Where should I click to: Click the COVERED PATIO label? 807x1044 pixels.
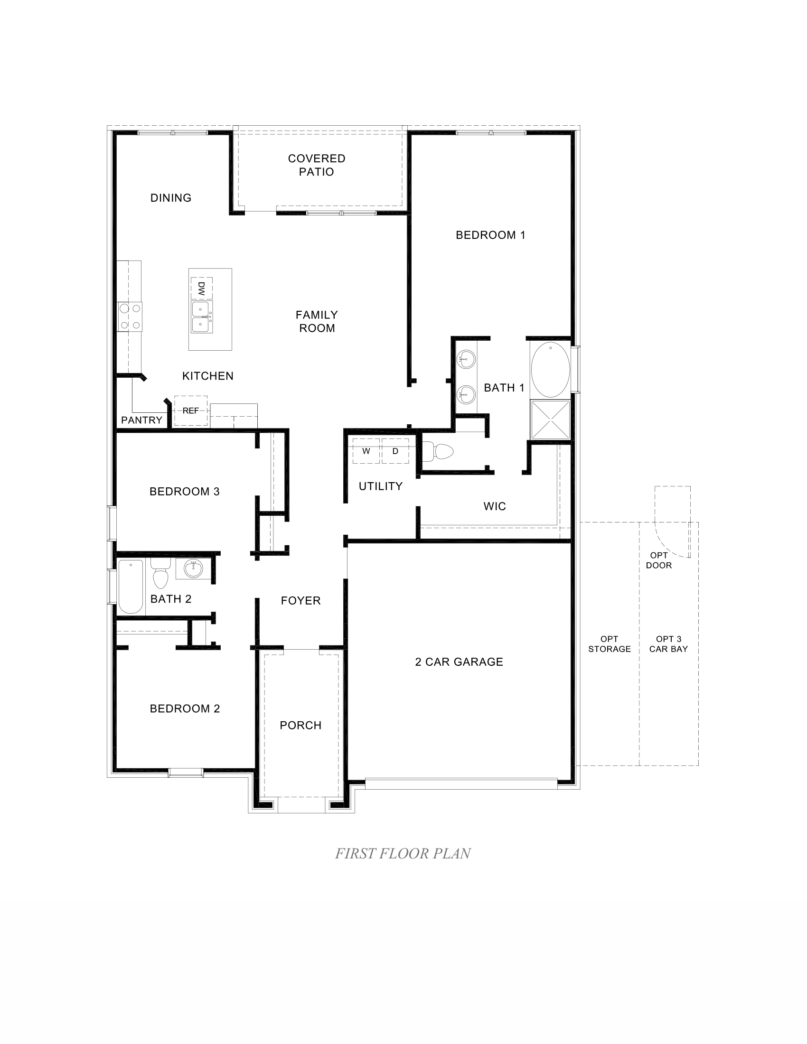pos(317,165)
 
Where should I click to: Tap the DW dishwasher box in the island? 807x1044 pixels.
pos(201,288)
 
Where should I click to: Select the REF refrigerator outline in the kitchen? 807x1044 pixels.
pos(191,410)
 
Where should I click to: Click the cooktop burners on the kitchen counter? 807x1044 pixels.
pos(130,317)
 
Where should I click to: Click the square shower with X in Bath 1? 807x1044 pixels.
pos(550,419)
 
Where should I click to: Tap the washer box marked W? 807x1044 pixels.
pos(366,451)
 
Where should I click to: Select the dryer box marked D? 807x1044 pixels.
pos(395,451)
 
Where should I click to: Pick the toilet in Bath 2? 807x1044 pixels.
pos(161,574)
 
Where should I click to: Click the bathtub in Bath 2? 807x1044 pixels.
pos(131,587)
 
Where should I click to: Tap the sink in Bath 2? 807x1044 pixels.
pos(193,569)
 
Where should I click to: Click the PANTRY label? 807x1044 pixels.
pos(141,420)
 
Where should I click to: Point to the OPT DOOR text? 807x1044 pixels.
pos(659,560)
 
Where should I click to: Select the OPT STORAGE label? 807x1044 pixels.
pos(609,644)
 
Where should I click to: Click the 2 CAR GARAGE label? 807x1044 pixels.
pos(459,662)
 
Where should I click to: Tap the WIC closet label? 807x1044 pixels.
pos(494,506)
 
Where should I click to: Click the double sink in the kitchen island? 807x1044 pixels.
pos(201,317)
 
